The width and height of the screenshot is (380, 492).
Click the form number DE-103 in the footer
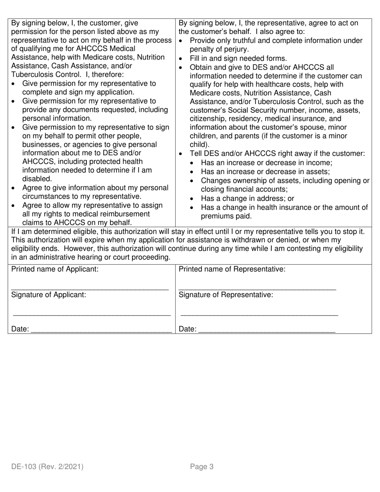pos(24,466)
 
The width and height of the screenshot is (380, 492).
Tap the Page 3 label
pos(202,466)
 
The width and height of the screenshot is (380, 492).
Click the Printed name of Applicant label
pos(55,269)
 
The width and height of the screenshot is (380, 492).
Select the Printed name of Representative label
pos(232,269)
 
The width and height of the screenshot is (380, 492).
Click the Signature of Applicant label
pos(48,295)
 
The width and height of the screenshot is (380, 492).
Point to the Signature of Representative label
pos(226,295)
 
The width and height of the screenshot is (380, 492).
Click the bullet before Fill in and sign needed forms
pos(181,59)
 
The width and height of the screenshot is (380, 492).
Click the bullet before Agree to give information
pos(14,188)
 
